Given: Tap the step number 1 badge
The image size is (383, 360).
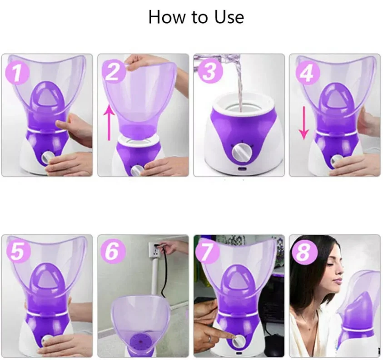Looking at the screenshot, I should click(17, 73).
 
